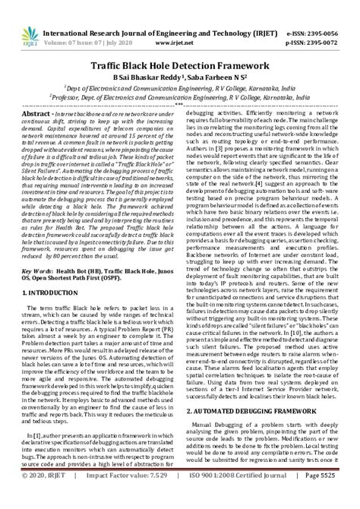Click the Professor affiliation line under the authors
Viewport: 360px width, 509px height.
[x=180, y=97]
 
